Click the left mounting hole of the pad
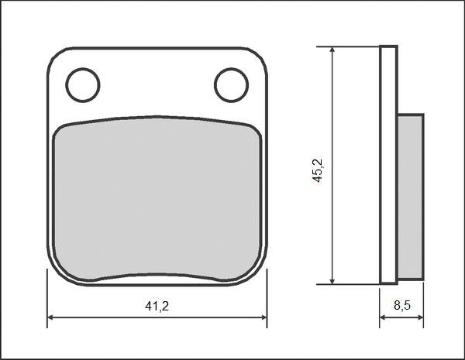(83, 85)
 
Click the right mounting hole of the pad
(231, 85)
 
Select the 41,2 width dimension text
(157, 306)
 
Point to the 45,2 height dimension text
(317, 170)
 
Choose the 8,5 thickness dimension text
(402, 306)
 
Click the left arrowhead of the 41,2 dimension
(52, 317)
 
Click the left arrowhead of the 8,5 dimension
(384, 317)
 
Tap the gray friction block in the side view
(410, 197)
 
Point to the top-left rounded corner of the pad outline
(54, 54)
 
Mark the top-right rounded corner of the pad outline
(260, 54)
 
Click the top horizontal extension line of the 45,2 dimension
(349, 46)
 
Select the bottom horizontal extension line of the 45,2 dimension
(349, 284)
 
